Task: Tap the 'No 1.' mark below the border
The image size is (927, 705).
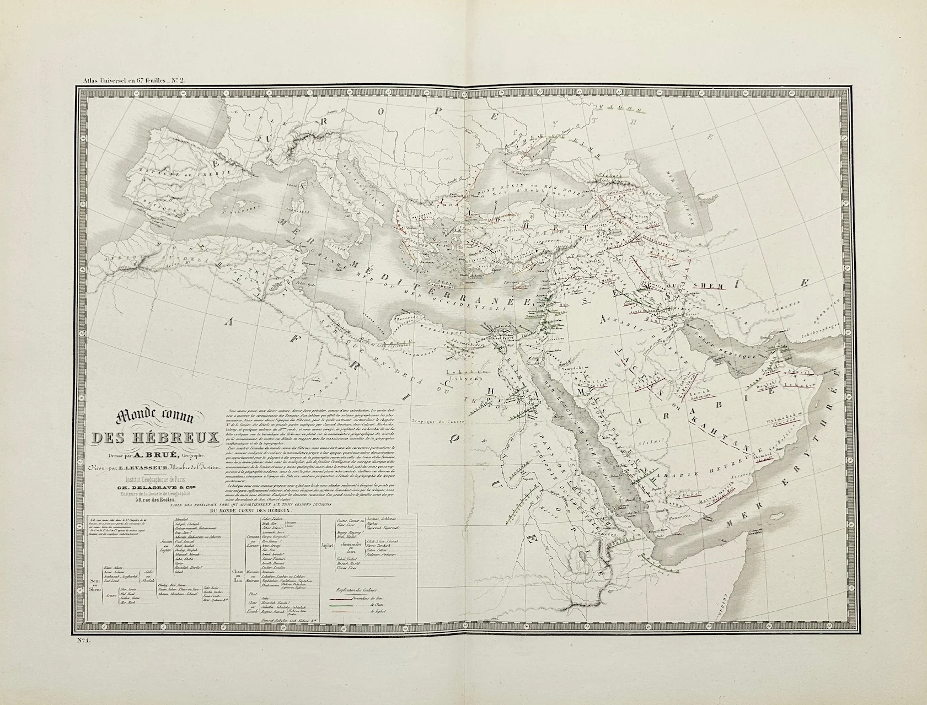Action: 83,639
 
